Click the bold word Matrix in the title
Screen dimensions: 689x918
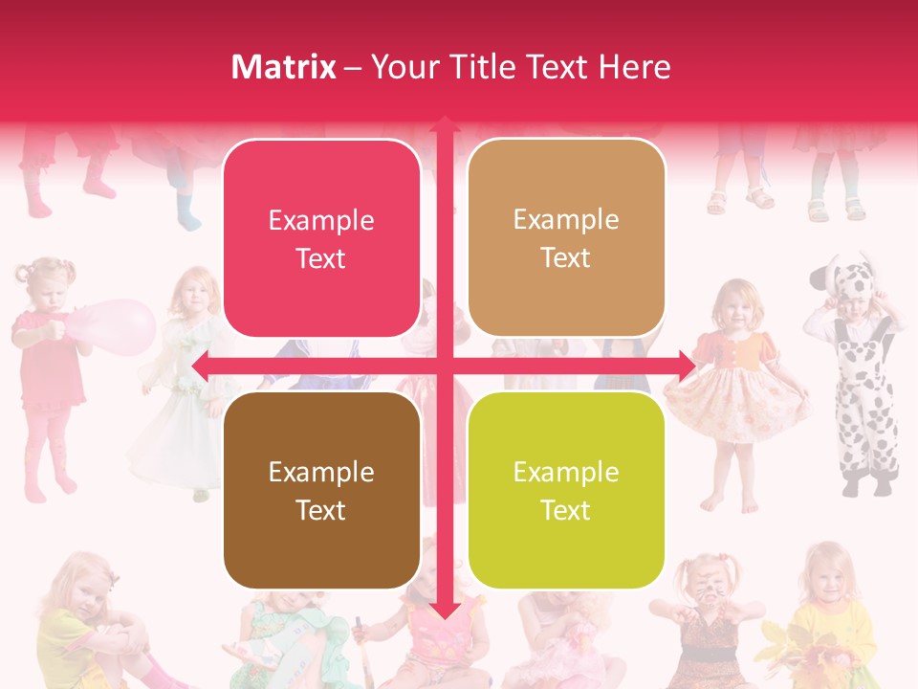click(x=284, y=67)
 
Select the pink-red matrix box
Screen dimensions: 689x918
click(x=321, y=238)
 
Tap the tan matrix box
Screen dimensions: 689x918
click(x=566, y=238)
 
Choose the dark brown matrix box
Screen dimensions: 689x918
click(x=321, y=490)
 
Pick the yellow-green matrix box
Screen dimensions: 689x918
click(x=566, y=490)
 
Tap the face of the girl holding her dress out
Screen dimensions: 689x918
click(x=737, y=304)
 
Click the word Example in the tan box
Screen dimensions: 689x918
click(x=566, y=219)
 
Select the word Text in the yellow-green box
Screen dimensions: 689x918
click(x=566, y=510)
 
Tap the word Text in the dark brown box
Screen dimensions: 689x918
click(x=321, y=510)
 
